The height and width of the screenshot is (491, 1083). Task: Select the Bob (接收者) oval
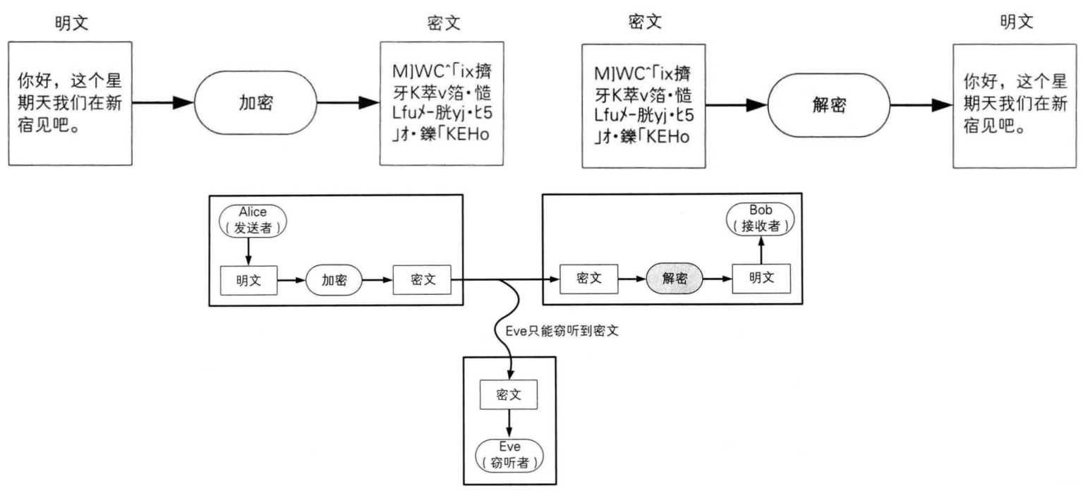tap(761, 219)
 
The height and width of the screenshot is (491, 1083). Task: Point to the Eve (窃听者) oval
tap(509, 454)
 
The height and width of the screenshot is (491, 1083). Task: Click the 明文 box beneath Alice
tap(249, 279)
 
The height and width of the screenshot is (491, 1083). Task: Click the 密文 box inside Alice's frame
tap(422, 279)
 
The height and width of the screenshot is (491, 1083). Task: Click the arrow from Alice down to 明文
tap(248, 250)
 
